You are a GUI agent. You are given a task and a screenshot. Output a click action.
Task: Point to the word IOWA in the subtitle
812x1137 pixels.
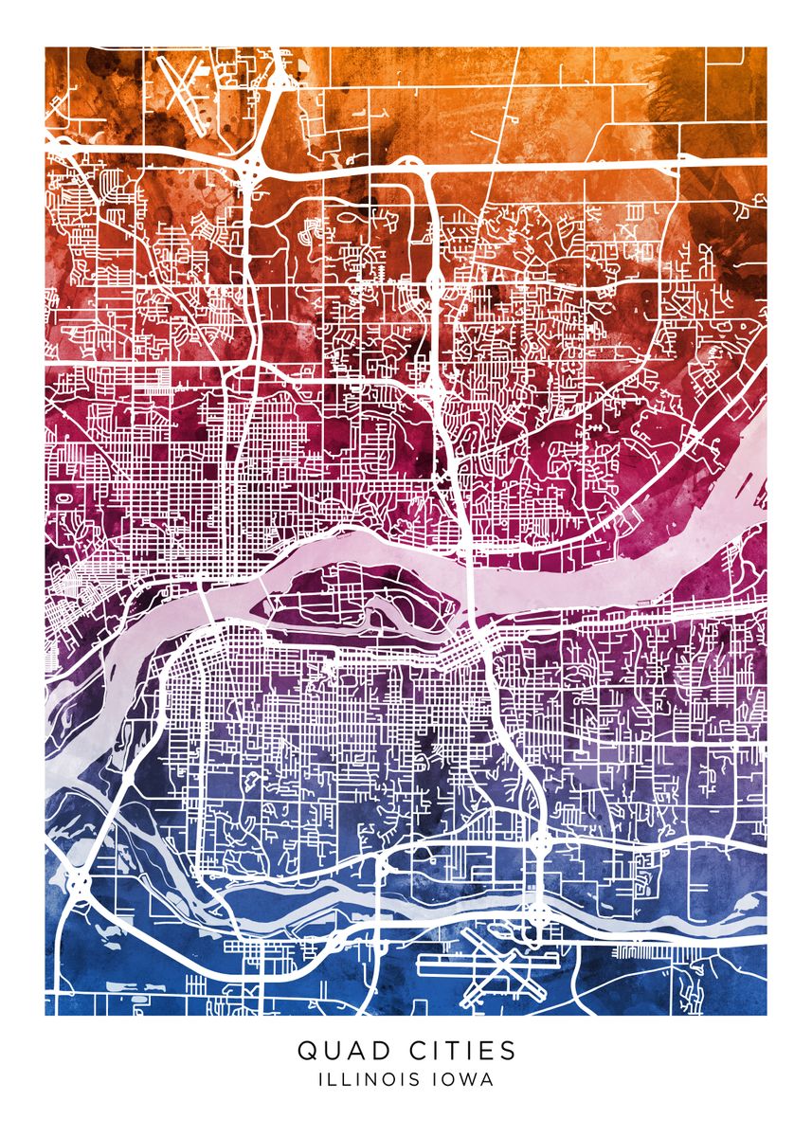463,1078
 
